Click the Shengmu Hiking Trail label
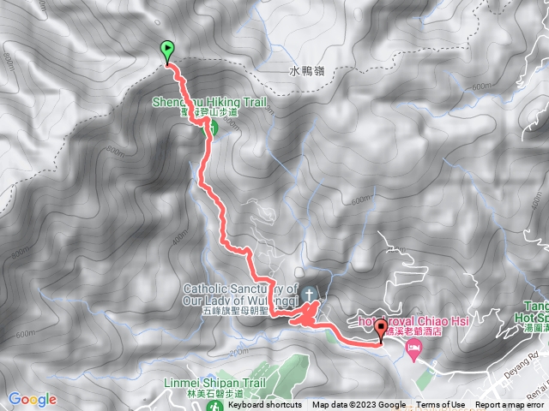coord(210,102)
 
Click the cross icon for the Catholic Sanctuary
coord(310,293)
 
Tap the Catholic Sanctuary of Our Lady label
coord(239,294)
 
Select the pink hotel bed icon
coord(414,350)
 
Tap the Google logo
coord(33,399)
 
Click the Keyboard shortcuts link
coord(265,405)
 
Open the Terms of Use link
coord(440,405)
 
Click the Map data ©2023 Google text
coord(359,405)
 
